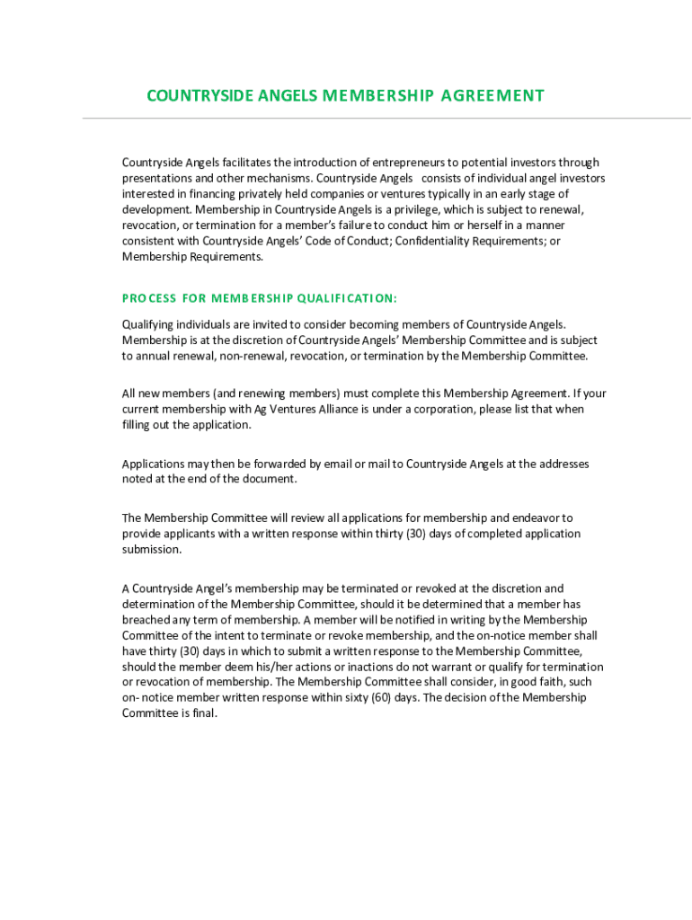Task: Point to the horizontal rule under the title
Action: [386, 119]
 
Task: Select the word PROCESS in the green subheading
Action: [148, 298]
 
